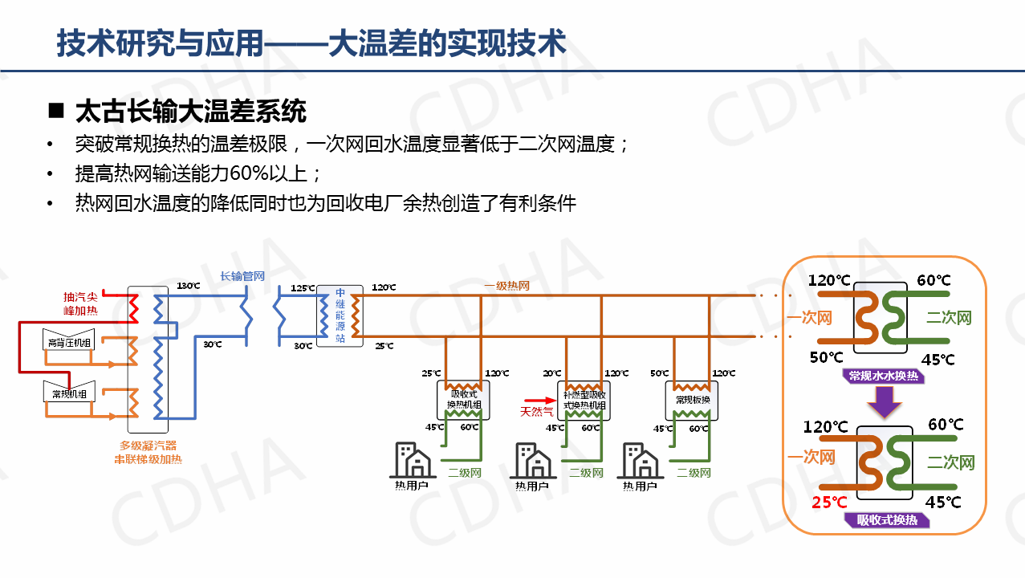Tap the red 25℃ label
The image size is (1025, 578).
point(829,503)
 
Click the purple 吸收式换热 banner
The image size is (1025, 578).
point(886,520)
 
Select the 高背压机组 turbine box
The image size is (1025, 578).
point(68,340)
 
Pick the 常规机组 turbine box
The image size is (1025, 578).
point(68,391)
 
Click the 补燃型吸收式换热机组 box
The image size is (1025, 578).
point(584,400)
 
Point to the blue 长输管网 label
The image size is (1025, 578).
point(242,276)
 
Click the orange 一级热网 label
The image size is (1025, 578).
point(506,286)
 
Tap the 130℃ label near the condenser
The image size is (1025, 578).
point(188,286)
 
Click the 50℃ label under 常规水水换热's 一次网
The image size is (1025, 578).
point(826,358)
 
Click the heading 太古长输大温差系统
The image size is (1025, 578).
point(190,111)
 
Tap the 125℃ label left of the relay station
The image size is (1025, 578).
point(303,287)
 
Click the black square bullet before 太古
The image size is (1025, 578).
point(55,110)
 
